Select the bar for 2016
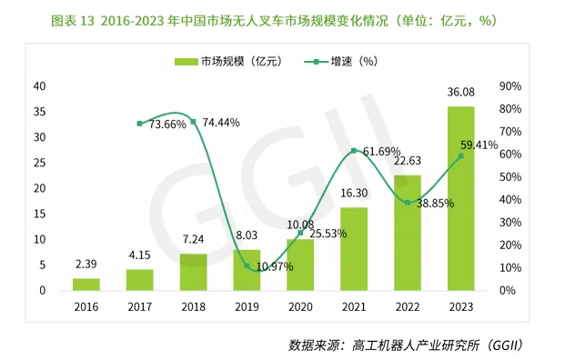coord(86,284)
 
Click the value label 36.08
coord(460,94)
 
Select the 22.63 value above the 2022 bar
coord(407,163)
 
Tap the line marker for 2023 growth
coord(460,155)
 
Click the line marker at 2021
coord(354,150)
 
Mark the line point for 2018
coord(193,121)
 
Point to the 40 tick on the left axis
coord(39,86)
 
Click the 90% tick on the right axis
coord(510,86)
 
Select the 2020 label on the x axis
coord(300,308)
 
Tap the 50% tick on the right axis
coord(510,177)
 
